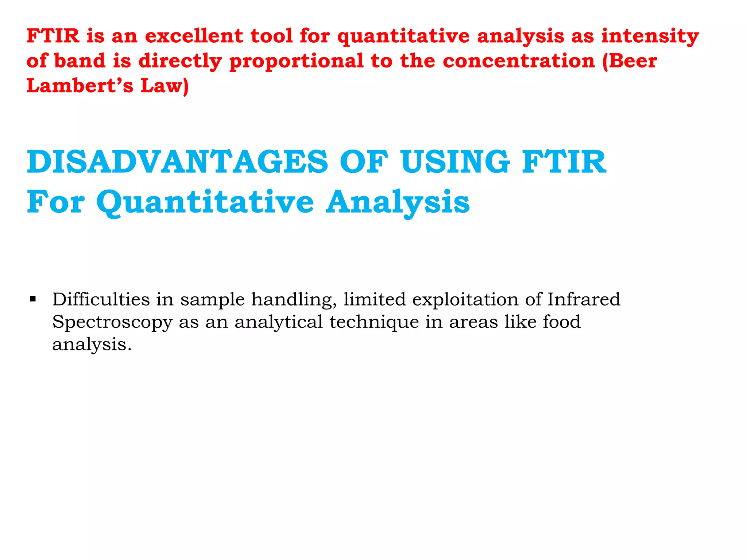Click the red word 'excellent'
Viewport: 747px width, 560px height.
(194, 36)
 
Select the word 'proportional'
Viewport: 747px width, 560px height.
(297, 62)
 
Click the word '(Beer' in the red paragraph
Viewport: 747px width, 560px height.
(630, 61)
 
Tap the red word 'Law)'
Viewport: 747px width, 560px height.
(165, 86)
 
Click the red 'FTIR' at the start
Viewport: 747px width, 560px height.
(53, 36)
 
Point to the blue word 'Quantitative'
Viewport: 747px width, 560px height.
(205, 202)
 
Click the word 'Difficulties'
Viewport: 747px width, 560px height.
(101, 300)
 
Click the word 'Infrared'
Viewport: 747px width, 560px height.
(584, 300)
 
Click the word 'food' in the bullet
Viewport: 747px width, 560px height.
(561, 322)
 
